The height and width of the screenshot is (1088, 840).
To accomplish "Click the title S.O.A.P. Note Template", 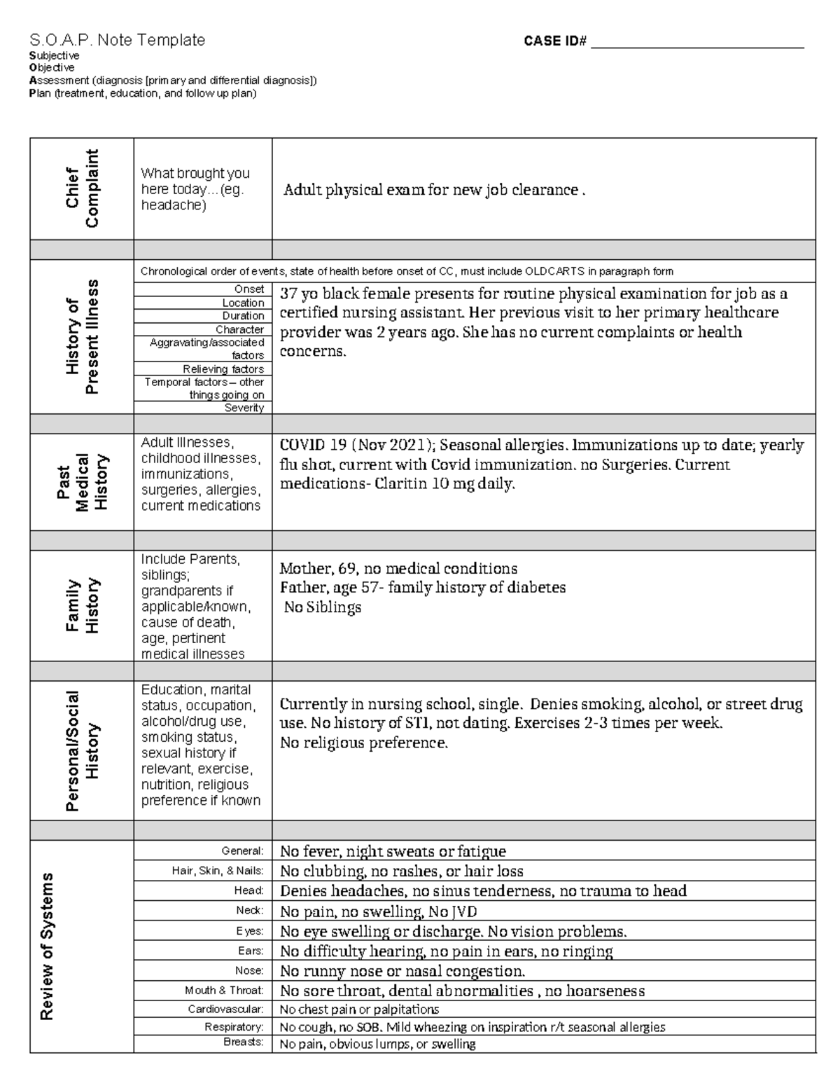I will (x=117, y=41).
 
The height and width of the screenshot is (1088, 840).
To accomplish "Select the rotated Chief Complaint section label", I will (x=82, y=188).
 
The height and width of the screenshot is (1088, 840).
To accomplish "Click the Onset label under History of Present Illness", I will (x=249, y=289).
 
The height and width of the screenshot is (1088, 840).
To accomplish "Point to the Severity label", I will (x=244, y=408).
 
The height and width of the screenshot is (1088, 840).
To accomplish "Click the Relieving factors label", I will (x=223, y=369).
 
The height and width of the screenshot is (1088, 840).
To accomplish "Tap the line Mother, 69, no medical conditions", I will (x=398, y=568).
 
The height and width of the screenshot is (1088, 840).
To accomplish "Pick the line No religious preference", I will (x=363, y=743).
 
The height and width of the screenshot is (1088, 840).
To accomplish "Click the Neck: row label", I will (x=250, y=911).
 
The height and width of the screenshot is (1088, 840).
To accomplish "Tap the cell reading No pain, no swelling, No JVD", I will (x=379, y=912).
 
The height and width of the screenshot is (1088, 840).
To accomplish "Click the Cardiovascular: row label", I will (x=225, y=1010).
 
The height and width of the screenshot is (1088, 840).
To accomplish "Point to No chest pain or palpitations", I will (x=359, y=1010).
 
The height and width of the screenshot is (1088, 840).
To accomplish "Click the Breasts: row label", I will (x=244, y=1042).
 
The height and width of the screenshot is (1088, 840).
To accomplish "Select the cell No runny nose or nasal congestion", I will (x=402, y=971).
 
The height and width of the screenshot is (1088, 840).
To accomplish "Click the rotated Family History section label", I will (x=82, y=606).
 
